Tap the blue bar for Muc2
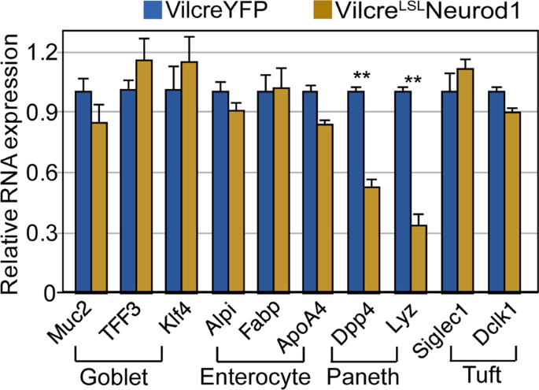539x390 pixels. click(x=83, y=192)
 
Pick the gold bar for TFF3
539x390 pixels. click(x=145, y=176)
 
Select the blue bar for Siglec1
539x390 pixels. click(x=449, y=192)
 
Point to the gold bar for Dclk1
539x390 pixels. click(x=511, y=202)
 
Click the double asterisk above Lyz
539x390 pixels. click(x=410, y=80)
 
